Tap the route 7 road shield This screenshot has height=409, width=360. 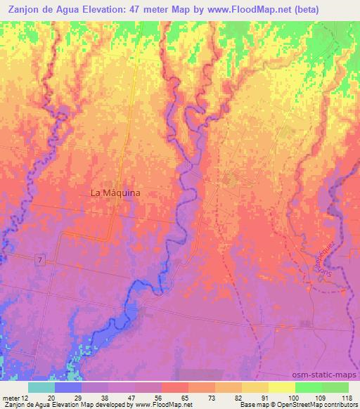41,260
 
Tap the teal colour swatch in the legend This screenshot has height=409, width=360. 42,387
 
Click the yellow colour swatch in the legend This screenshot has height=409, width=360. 281,387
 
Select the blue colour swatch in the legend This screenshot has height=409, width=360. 69,387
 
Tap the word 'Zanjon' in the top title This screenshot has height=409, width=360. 22,9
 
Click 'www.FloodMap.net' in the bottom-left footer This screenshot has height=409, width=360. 161,405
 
